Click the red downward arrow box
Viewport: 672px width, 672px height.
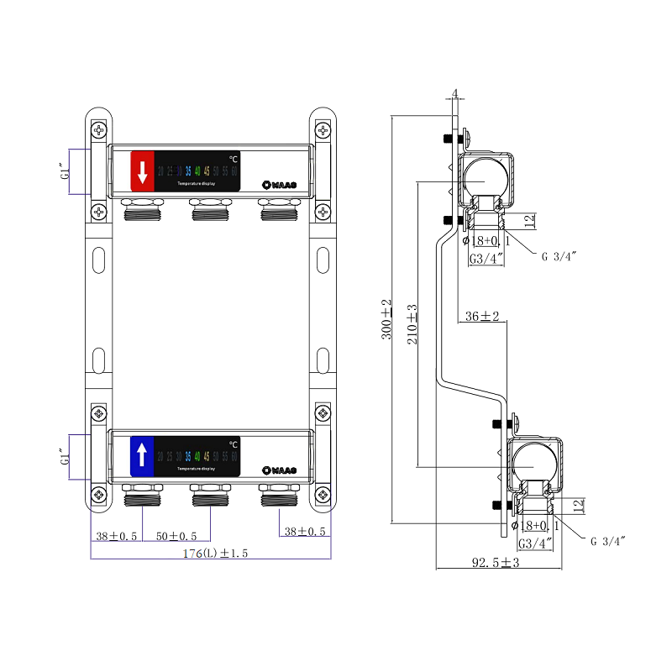click(x=142, y=172)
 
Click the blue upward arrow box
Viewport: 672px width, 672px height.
click(x=142, y=456)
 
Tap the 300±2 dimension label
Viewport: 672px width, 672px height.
click(x=386, y=318)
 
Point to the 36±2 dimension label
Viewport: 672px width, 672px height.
click(x=482, y=317)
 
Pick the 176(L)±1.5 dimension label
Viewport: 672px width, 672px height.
click(x=210, y=554)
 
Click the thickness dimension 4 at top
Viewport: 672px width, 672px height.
click(x=454, y=93)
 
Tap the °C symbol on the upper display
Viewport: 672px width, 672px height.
click(x=234, y=159)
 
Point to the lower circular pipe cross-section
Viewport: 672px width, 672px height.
click(x=534, y=461)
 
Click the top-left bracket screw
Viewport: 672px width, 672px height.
click(x=100, y=130)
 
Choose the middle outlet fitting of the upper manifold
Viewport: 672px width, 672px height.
click(x=210, y=211)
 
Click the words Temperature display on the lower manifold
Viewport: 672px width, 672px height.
click(x=197, y=468)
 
